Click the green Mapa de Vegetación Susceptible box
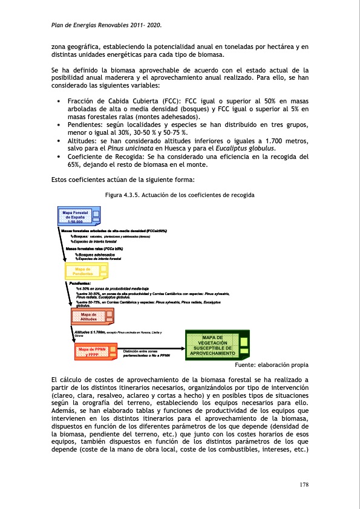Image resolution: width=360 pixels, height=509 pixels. coord(216,345)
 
